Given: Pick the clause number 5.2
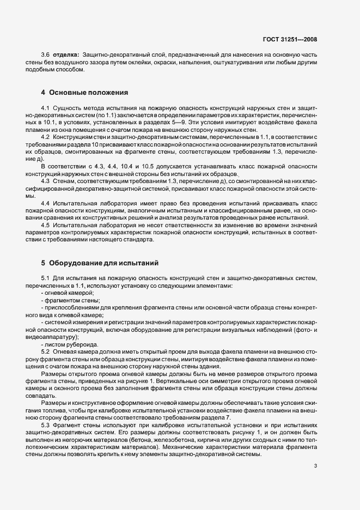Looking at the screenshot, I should tap(46, 353).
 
